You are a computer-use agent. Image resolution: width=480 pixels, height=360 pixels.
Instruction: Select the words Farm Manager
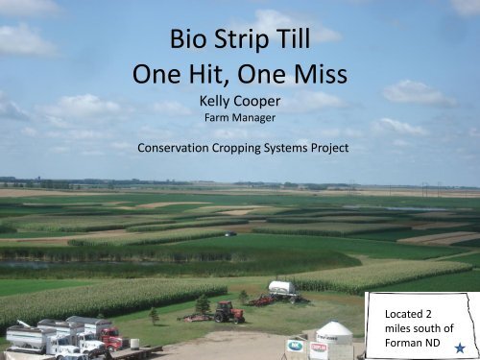pyautogui.click(x=241, y=119)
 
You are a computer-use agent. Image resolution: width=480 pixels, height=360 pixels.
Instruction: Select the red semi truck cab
pyautogui.click(x=113, y=339)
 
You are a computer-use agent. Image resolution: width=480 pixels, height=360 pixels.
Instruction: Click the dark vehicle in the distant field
pyautogui.click(x=229, y=233)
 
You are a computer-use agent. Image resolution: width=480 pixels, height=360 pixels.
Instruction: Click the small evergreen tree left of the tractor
pyautogui.click(x=154, y=314)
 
